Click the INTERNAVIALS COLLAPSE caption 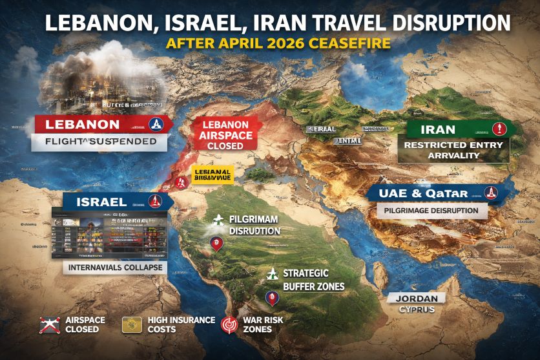pos(114,267)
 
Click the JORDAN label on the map pos(417,299)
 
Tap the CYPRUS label pos(417,310)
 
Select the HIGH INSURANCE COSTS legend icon pos(132,324)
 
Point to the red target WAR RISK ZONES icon pos(229,324)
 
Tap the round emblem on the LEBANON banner pos(156,124)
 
